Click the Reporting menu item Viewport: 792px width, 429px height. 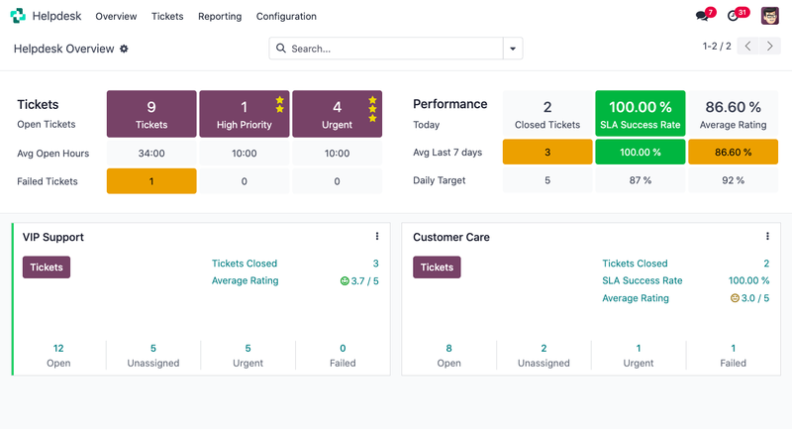220,17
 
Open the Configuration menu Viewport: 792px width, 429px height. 286,17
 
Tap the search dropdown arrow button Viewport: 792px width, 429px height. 513,49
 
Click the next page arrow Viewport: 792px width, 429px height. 770,47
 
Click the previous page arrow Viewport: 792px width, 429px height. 748,47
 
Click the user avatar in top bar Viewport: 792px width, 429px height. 769,16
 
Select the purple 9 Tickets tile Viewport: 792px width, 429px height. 151,114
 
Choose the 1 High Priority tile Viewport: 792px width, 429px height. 244,114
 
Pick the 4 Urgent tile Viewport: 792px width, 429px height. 337,114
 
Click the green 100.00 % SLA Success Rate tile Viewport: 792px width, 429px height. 640,114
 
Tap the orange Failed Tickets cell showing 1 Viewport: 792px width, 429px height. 151,181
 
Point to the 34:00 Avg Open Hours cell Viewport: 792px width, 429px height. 151,154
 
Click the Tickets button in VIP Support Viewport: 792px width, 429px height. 47,268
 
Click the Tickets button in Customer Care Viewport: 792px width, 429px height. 437,268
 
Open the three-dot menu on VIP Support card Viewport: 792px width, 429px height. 377,237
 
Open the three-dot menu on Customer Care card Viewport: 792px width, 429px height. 767,237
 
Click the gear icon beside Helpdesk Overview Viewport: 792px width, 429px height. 124,49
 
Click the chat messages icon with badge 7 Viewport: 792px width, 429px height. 702,17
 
